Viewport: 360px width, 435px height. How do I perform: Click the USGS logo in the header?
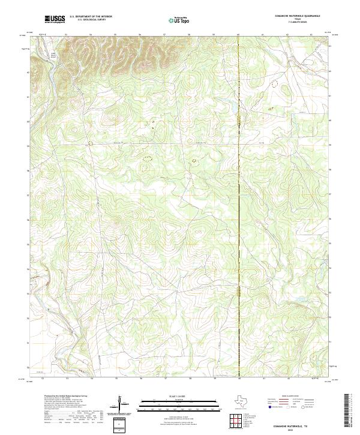point(56,19)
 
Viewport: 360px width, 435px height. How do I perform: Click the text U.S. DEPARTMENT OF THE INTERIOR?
point(91,17)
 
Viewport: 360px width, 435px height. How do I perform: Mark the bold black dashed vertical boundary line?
point(238,198)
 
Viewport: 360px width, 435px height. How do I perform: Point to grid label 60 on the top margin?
point(238,35)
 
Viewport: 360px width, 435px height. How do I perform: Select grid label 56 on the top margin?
point(140,35)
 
